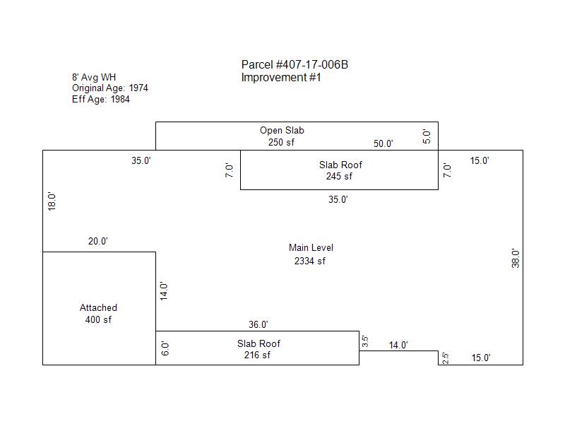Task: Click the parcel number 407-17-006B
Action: point(312,64)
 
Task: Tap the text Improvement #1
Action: point(281,77)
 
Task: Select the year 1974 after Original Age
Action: point(138,88)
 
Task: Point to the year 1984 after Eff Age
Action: point(120,99)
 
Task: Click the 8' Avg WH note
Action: point(94,77)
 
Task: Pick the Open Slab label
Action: point(282,130)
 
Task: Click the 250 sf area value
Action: point(281,142)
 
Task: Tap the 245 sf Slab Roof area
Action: point(339,176)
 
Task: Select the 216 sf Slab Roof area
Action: point(257,355)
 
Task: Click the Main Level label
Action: point(311,248)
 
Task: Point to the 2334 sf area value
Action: point(310,261)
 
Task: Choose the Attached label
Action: point(98,307)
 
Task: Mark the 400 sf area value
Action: point(98,319)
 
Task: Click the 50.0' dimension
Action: point(383,143)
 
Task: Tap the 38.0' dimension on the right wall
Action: point(516,258)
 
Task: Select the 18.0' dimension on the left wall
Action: point(52,201)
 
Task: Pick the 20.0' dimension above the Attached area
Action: point(98,241)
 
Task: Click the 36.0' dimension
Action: point(258,324)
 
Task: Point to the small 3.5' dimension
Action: point(364,341)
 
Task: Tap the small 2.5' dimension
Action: point(446,358)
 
